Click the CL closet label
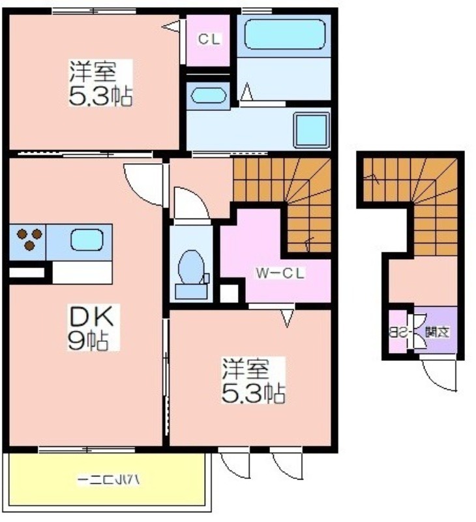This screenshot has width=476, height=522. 209,39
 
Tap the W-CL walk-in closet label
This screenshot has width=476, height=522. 280,273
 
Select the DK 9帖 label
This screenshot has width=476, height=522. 92,328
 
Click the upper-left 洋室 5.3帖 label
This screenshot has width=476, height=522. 100,84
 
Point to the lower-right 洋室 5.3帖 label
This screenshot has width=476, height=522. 253,380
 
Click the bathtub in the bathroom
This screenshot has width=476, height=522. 284,35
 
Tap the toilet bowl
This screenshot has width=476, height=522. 192,268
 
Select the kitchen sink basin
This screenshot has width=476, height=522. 87,240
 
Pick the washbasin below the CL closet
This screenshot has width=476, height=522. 208,95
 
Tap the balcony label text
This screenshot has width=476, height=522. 108,480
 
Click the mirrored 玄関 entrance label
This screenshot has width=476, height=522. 438,332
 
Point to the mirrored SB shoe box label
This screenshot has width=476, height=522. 399,332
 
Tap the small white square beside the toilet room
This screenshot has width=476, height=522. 229,293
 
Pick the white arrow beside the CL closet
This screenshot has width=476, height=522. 171,27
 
